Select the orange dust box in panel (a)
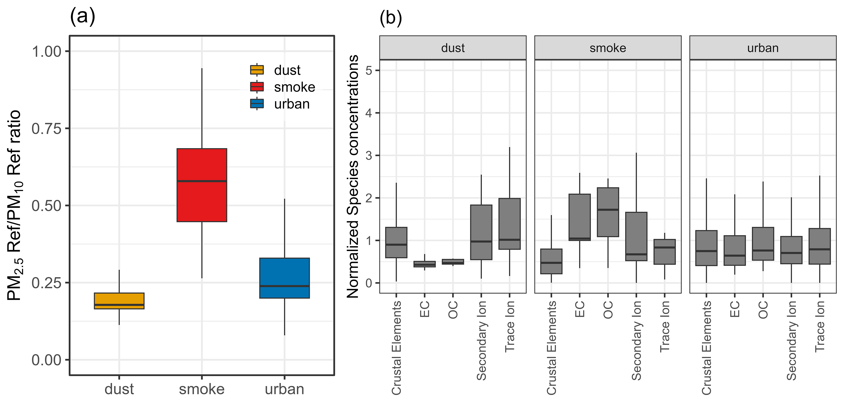click(x=119, y=301)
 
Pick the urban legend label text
click(x=292, y=104)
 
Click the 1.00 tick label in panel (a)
click(x=47, y=51)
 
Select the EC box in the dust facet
click(x=425, y=264)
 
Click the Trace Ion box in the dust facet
click(x=509, y=224)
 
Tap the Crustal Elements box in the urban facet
click(x=706, y=248)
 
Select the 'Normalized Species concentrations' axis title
click(x=352, y=177)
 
